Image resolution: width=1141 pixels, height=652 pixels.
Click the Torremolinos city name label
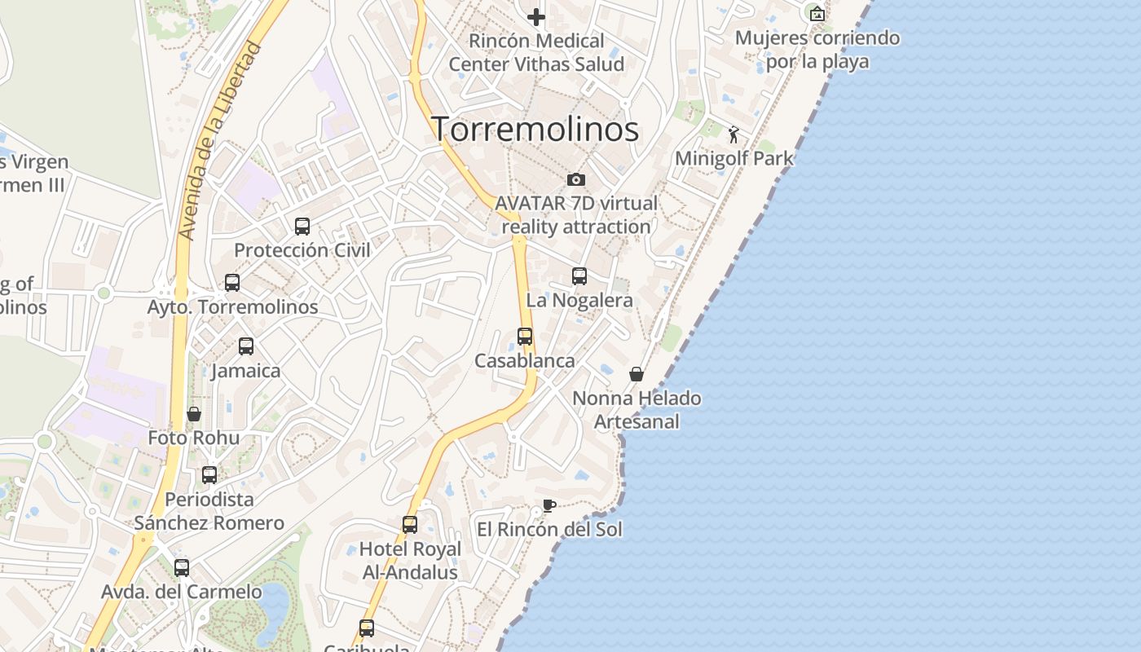coord(535,129)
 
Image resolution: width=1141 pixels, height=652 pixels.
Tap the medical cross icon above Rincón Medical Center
coord(535,16)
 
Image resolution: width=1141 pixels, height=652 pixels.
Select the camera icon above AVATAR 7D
coord(575,179)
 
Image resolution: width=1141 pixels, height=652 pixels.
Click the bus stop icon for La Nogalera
coord(579,276)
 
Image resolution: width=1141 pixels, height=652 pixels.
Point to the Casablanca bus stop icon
coord(525,337)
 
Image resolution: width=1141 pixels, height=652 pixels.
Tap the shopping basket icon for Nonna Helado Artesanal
coord(637,374)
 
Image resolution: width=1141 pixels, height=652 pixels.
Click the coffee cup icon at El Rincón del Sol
coord(549,505)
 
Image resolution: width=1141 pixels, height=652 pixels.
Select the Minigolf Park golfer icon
coord(733,134)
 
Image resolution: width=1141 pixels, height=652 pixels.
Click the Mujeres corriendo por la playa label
coord(817,50)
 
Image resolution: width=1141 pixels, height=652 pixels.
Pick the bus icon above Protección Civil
coord(302,227)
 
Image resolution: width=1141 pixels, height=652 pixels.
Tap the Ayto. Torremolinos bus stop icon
coord(232,283)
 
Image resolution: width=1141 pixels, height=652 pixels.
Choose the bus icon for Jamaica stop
coord(246,346)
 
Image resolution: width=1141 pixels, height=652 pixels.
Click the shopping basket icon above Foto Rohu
coord(194,414)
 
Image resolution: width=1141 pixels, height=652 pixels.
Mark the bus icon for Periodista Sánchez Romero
coord(209,475)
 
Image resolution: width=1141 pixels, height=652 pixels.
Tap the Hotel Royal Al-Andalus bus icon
coord(410,525)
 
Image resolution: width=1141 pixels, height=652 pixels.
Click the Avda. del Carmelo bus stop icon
coord(182,568)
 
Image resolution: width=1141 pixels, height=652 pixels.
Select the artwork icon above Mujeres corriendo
coord(817,13)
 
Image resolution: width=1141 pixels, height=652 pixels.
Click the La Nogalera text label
coord(579,300)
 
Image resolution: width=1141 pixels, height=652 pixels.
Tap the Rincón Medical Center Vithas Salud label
coord(536,52)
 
